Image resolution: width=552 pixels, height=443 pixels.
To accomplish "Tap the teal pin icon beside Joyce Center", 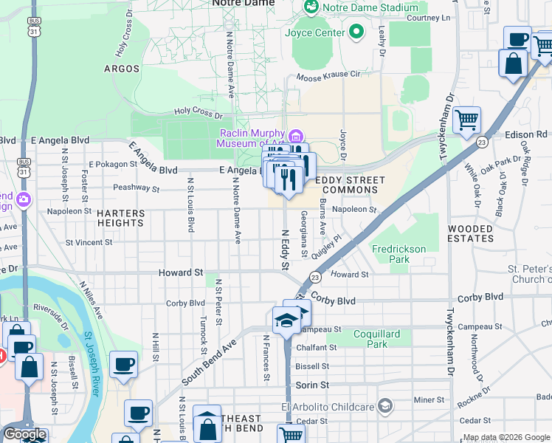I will pyautogui.click(x=357, y=32).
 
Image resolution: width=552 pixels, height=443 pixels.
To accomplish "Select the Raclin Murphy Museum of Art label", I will pyautogui.click(x=251, y=138).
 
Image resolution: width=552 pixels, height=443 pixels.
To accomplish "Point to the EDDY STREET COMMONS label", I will pyautogui.click(x=350, y=185).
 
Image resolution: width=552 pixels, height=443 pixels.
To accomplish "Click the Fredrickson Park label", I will pyautogui.click(x=399, y=254).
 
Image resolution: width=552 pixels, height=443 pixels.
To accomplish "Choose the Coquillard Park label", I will pyautogui.click(x=377, y=339).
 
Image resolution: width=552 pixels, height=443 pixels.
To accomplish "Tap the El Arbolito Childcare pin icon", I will pyautogui.click(x=384, y=405).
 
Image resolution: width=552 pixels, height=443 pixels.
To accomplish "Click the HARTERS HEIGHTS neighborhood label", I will pyautogui.click(x=120, y=218).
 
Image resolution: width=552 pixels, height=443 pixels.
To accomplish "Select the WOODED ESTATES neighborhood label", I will pyautogui.click(x=470, y=234).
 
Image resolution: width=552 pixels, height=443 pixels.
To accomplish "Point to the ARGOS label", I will pyautogui.click(x=122, y=69).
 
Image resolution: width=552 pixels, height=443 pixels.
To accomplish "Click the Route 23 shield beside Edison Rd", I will pyautogui.click(x=481, y=142).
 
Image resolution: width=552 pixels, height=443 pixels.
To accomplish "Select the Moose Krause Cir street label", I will pyautogui.click(x=328, y=75).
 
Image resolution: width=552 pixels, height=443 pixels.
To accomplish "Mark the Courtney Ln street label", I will pyautogui.click(x=428, y=18).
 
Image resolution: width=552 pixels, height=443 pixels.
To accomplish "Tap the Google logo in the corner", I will pyautogui.click(x=24, y=434).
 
